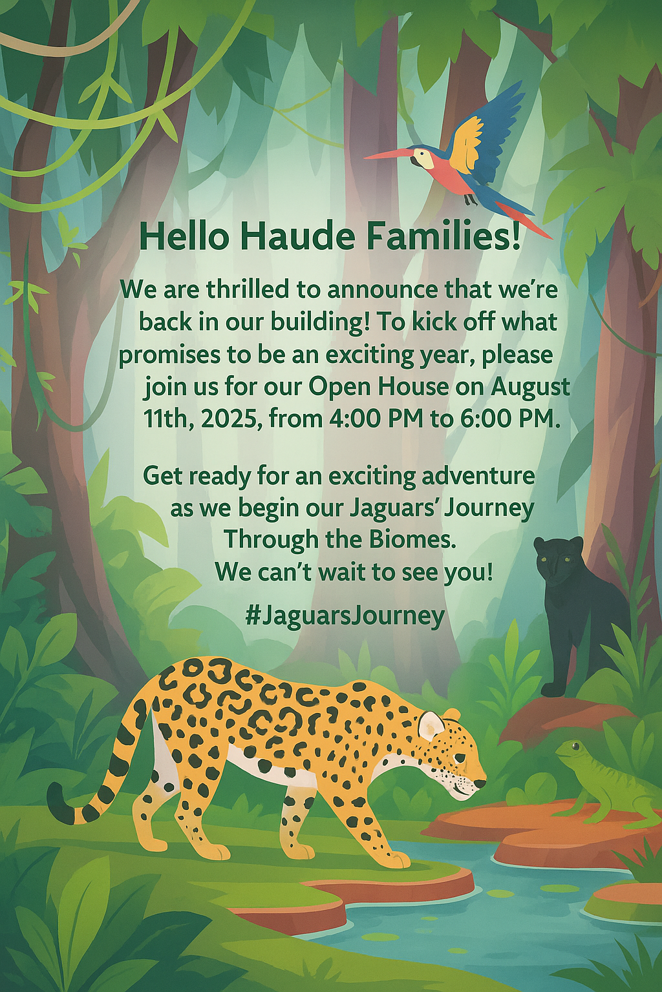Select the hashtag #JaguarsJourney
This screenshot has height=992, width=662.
point(345,616)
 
